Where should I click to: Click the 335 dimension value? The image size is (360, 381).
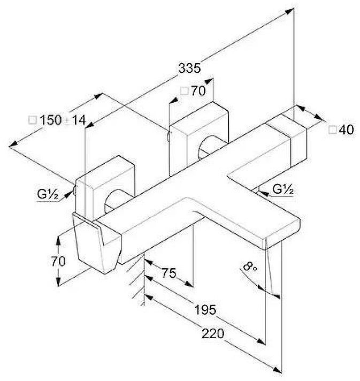[x=189, y=68]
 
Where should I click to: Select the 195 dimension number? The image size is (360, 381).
[x=205, y=310]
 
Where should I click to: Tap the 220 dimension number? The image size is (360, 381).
[x=213, y=333]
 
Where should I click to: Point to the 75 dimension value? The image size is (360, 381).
[x=169, y=273]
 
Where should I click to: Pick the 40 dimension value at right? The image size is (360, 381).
[x=347, y=129]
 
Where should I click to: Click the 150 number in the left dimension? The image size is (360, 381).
[x=50, y=120]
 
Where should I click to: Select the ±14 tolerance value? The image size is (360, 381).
[x=75, y=120]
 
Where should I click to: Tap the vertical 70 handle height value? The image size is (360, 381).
[x=58, y=262]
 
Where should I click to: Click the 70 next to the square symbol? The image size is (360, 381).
[x=198, y=91]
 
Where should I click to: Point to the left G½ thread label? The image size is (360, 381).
[x=48, y=194]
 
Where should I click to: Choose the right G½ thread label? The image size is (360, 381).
[x=283, y=189]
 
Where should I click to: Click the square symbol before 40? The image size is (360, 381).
[x=333, y=130]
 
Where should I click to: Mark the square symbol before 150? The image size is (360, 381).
[x=33, y=120]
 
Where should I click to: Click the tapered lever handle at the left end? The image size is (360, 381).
[x=97, y=243]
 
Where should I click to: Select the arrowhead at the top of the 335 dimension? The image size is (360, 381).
[x=290, y=11]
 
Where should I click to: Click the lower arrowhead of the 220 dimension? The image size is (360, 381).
[x=277, y=370]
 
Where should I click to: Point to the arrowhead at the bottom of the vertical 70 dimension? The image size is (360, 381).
[x=58, y=281]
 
